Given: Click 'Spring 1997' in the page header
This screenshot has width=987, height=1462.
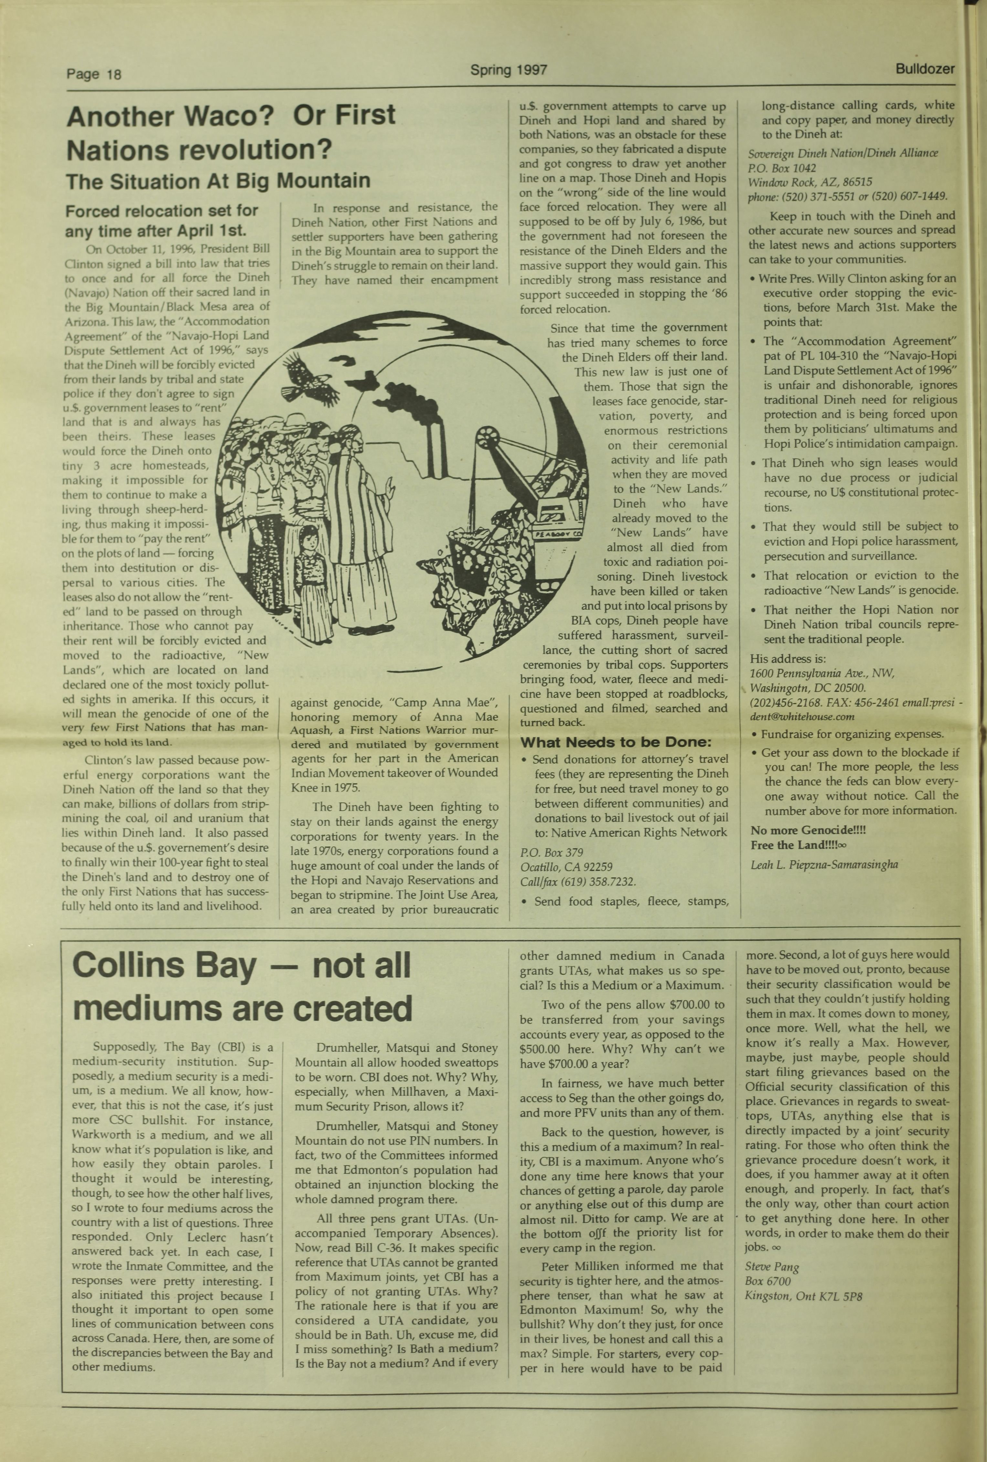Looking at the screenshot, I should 509,70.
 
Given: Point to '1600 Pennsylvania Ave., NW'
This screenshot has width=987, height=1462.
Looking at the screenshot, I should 822,673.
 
